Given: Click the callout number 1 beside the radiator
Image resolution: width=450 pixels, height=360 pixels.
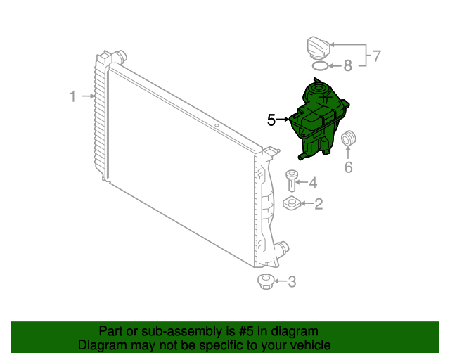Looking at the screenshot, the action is [x=72, y=96].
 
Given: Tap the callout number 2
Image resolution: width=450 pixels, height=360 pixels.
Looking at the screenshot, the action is [x=319, y=204].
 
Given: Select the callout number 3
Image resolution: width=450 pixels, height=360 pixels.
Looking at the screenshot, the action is [x=292, y=283].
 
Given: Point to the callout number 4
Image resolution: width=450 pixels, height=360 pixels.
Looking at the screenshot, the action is [x=313, y=183].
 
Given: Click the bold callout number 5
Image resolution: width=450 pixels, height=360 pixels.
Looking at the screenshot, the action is [x=271, y=120].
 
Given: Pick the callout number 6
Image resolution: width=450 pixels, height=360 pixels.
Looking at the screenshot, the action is [x=348, y=167].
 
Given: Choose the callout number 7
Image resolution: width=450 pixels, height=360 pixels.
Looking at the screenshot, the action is [x=376, y=56].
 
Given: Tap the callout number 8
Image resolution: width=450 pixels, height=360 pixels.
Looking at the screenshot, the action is [x=347, y=67].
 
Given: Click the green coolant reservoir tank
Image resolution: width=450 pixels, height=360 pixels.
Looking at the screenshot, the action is [x=317, y=120].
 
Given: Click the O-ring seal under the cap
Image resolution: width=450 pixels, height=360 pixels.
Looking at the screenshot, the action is [x=319, y=67].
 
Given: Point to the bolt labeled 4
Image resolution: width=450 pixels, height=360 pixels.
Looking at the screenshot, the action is [x=291, y=181].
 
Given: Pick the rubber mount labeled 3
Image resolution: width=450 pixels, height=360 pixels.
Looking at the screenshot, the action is [x=265, y=283].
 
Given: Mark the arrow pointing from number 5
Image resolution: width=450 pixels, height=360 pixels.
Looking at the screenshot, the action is [x=283, y=120].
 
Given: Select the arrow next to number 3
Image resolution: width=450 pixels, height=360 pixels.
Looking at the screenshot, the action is [x=280, y=283].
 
